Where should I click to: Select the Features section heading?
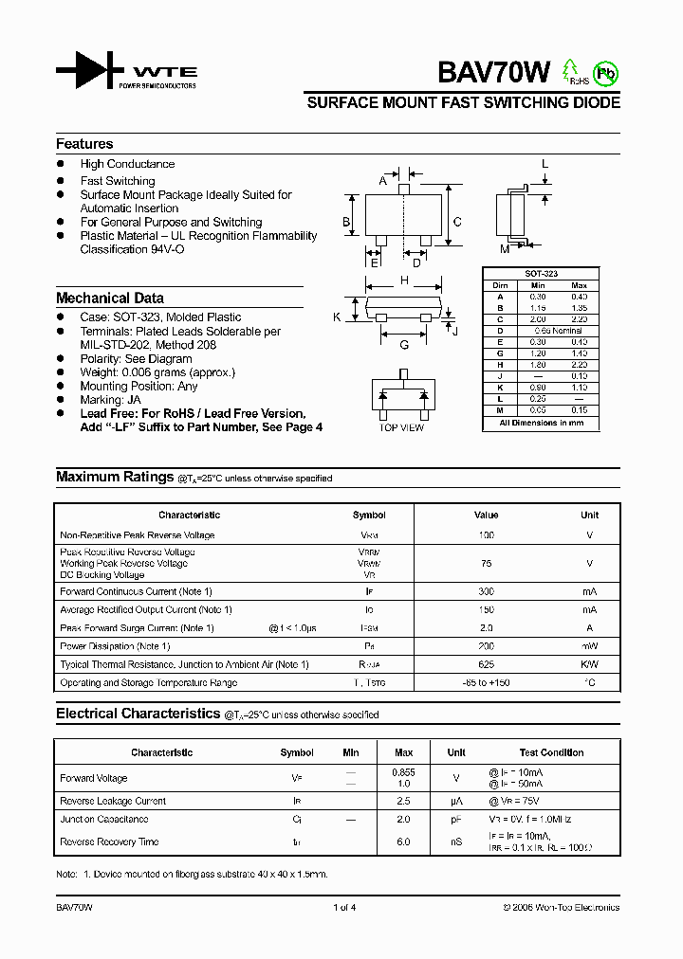pyautogui.click(x=84, y=144)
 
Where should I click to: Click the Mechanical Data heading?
pyautogui.click(x=109, y=298)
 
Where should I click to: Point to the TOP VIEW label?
pyautogui.click(x=401, y=428)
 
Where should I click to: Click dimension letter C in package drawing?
pyautogui.click(x=457, y=222)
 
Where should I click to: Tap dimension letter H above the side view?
pyautogui.click(x=404, y=280)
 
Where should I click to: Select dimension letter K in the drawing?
pyautogui.click(x=337, y=317)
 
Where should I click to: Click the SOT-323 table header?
pyautogui.click(x=542, y=274)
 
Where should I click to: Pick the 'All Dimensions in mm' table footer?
pyautogui.click(x=542, y=423)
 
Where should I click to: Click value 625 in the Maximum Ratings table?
pyautogui.click(x=486, y=664)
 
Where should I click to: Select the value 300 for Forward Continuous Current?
pyautogui.click(x=486, y=591)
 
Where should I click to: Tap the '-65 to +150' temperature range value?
pyautogui.click(x=486, y=682)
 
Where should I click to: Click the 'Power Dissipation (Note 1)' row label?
pyautogui.click(x=115, y=646)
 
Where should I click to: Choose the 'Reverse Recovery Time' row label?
pyautogui.click(x=109, y=841)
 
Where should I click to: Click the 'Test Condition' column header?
pyautogui.click(x=551, y=752)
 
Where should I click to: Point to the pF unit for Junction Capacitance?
pyautogui.click(x=456, y=820)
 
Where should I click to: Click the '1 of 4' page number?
pyautogui.click(x=343, y=908)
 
